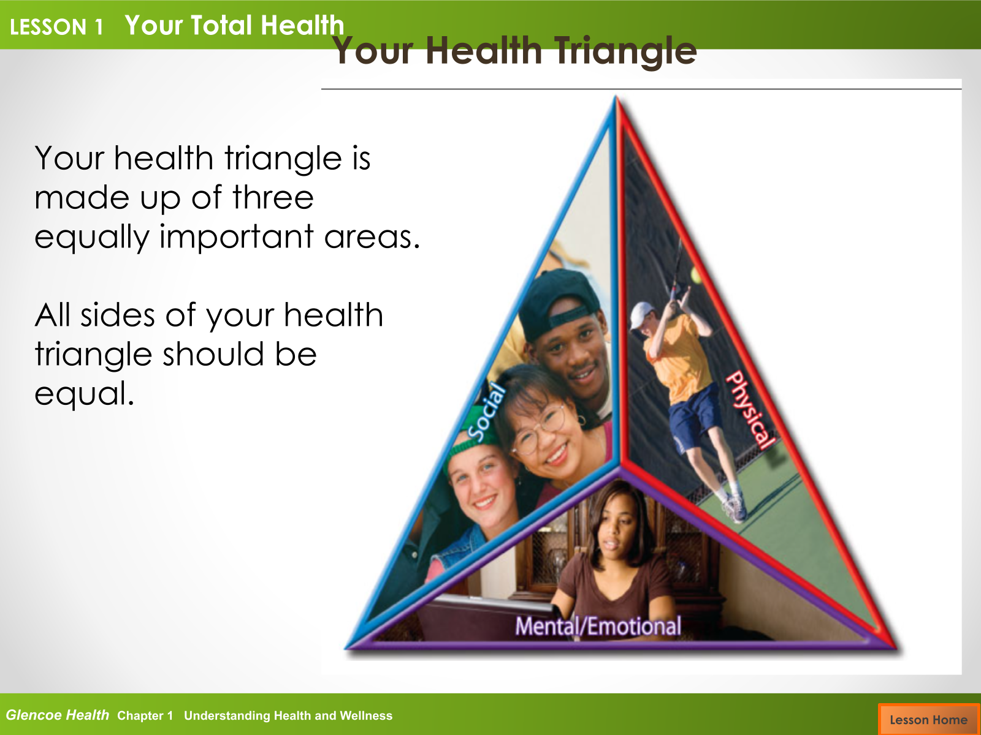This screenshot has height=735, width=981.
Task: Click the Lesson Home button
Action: (x=929, y=719)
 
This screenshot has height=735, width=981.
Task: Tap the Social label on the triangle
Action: (x=487, y=412)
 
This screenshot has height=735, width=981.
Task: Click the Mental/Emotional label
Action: (x=598, y=625)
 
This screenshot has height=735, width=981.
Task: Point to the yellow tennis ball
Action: (x=696, y=275)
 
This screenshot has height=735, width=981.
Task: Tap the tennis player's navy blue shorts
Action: (x=692, y=418)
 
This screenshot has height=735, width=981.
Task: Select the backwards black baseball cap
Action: (x=560, y=304)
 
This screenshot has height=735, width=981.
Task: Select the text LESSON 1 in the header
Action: (x=56, y=27)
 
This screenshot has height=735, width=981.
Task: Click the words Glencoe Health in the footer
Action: (x=57, y=715)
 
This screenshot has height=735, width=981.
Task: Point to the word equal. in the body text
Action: (x=84, y=394)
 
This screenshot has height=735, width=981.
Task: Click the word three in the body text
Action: (x=273, y=197)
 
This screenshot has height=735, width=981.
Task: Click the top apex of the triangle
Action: (x=616, y=96)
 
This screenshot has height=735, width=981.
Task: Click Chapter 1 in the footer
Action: (x=145, y=716)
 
